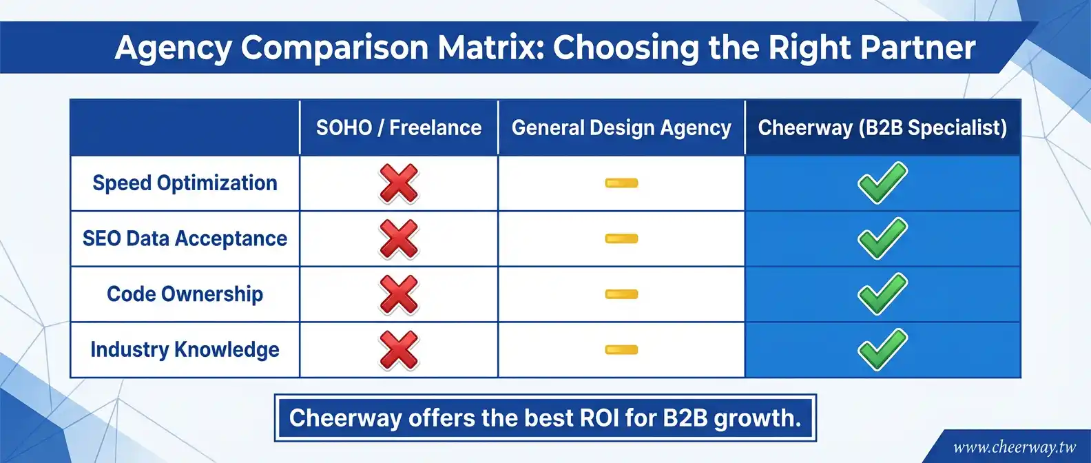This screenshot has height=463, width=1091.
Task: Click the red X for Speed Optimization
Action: (399, 183)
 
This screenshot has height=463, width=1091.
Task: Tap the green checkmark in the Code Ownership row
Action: (882, 294)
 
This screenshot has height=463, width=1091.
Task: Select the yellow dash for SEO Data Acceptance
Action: (621, 239)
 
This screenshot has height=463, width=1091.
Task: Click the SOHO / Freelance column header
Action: (399, 127)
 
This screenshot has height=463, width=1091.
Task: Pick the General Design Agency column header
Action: (621, 128)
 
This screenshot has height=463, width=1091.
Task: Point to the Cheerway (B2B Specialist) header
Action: (882, 128)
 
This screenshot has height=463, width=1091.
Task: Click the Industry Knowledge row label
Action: (185, 350)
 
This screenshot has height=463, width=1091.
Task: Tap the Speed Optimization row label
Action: (185, 183)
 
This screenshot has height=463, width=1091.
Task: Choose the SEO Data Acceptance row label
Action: (185, 239)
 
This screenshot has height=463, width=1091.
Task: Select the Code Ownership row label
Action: (185, 294)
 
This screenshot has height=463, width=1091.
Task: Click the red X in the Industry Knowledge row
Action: (399, 350)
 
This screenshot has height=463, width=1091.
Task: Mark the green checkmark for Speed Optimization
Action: (882, 183)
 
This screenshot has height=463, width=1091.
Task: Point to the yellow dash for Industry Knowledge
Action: (621, 350)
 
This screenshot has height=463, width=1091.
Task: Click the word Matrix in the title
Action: (491, 48)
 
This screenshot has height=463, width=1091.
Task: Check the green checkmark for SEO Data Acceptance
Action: (882, 239)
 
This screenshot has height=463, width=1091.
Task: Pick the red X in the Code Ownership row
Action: (399, 294)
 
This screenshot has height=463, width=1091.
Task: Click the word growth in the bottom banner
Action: (758, 419)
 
